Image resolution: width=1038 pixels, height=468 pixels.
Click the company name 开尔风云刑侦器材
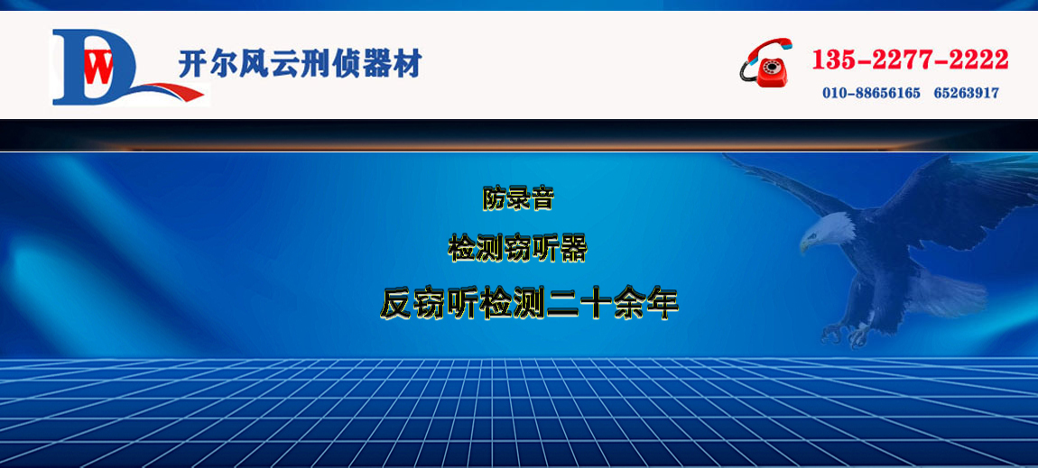(x=300, y=63)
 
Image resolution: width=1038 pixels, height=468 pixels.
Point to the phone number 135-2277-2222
(x=910, y=60)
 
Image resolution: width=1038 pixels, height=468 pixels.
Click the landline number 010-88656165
(x=871, y=93)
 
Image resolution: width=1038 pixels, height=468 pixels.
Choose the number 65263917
(x=967, y=93)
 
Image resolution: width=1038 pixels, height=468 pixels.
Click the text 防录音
(x=518, y=198)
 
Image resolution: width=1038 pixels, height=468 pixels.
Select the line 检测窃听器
(x=518, y=249)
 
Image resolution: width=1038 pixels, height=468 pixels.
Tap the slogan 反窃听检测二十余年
(x=530, y=304)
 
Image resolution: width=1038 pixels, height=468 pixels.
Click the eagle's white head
(x=828, y=230)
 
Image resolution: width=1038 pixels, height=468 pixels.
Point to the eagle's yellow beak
(x=805, y=243)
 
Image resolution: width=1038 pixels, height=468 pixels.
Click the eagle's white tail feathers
(x=947, y=291)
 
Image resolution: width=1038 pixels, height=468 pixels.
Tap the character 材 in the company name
(x=407, y=63)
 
